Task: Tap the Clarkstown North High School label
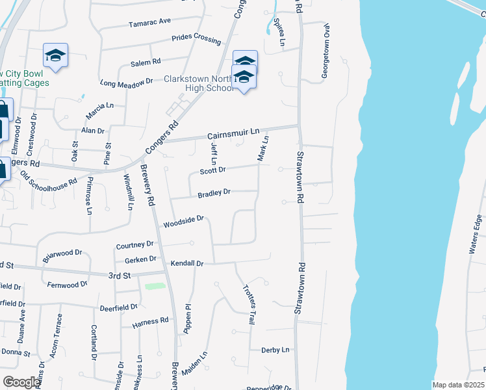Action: point(199,83)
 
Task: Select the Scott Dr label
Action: point(212,170)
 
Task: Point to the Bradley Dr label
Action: point(214,193)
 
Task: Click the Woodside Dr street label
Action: point(184,223)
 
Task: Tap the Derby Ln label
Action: point(275,350)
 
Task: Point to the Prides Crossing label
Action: point(196,39)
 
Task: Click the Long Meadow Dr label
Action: point(126,83)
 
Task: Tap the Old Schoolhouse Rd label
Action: point(49,179)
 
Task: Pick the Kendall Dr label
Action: point(187,264)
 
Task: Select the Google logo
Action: point(21,382)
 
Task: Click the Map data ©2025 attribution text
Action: point(458,385)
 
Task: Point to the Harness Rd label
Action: point(150,320)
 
